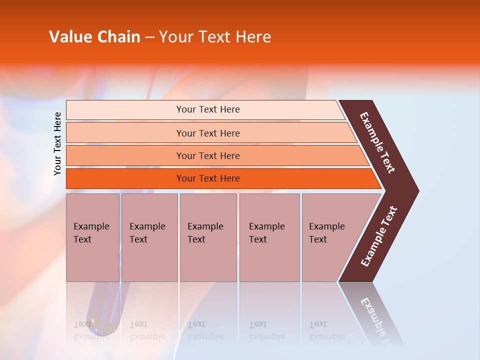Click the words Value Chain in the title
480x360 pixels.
[x=94, y=37]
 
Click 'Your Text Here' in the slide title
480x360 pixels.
[x=215, y=37]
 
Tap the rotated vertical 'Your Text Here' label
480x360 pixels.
[x=57, y=143]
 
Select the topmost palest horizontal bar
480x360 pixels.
[x=125, y=110]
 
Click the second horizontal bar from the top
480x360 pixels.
[x=125, y=133]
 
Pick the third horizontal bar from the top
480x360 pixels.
[x=125, y=155]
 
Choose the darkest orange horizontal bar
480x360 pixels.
[x=125, y=178]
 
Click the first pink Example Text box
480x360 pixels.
[x=92, y=237]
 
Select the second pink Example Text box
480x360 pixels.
[x=149, y=237]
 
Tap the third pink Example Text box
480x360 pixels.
[x=208, y=237]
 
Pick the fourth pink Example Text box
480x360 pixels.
[x=269, y=237]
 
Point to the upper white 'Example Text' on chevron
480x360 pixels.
[x=377, y=142]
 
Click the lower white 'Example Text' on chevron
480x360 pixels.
[x=378, y=236]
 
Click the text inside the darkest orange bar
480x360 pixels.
[x=208, y=178]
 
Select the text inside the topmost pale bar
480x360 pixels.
[x=208, y=109]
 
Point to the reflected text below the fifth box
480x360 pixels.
[x=326, y=330]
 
